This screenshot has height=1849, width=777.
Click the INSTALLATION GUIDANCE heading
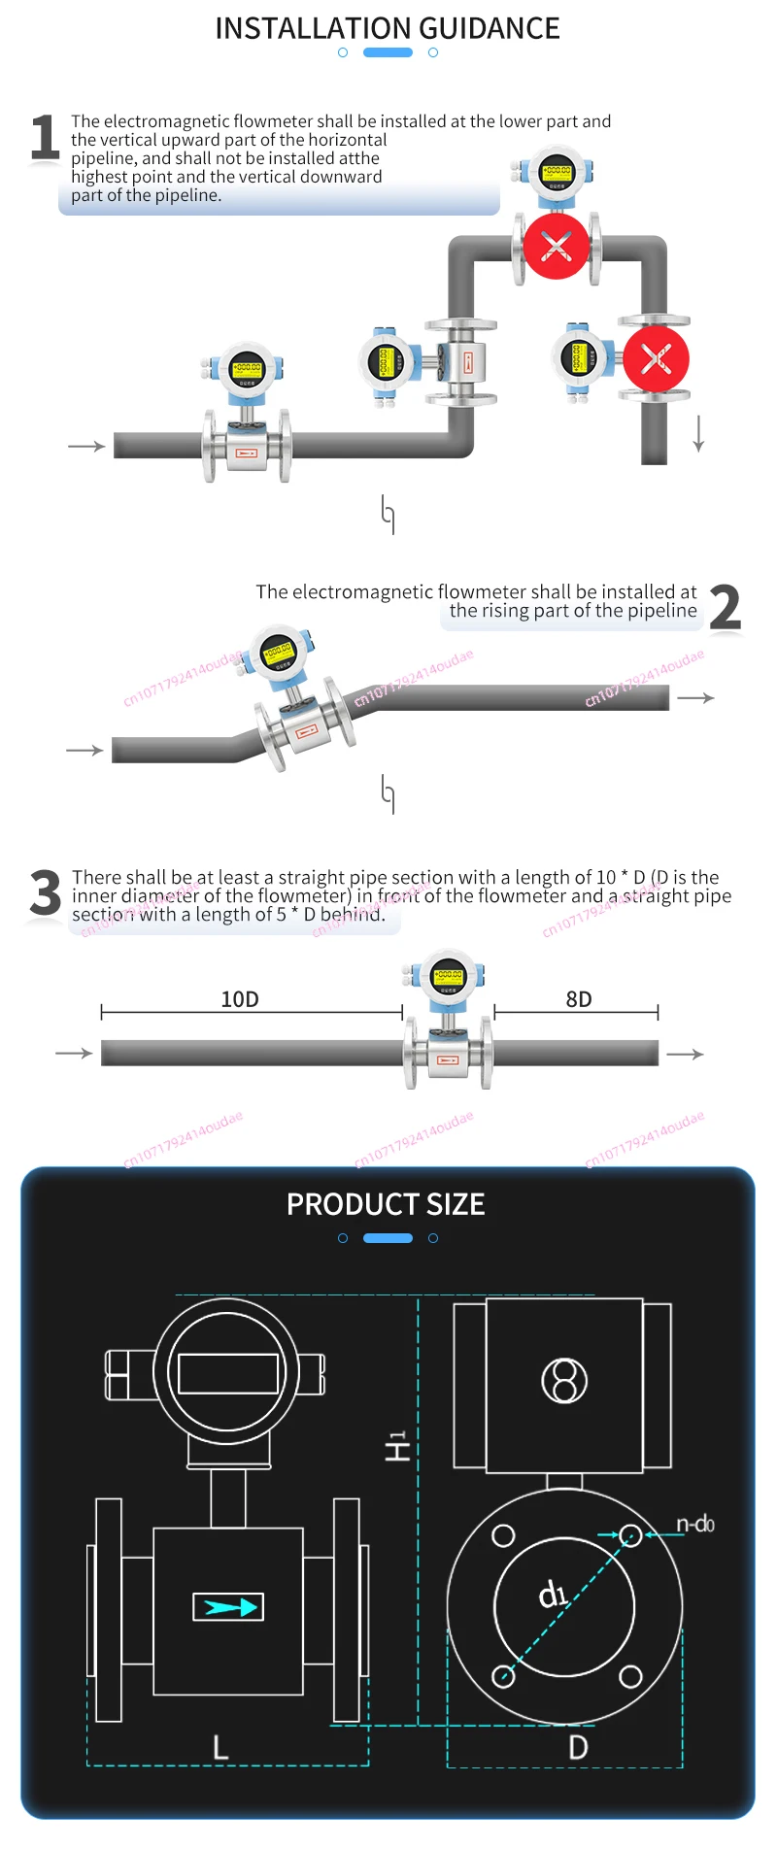point(388,28)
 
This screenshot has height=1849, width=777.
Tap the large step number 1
point(44,137)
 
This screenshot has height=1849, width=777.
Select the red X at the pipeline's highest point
point(556,246)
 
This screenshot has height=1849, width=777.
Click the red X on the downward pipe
point(656,359)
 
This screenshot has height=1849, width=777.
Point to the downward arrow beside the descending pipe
point(698,433)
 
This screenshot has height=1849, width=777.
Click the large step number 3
point(45,892)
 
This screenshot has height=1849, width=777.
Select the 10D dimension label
point(240,999)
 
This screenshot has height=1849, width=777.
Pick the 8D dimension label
point(579,999)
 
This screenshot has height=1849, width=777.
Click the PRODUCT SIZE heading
point(386,1204)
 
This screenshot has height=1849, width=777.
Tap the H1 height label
point(396,1445)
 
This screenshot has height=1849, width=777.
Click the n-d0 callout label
point(695,1524)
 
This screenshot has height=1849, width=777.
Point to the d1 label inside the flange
point(553,1594)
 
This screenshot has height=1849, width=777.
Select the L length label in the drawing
point(221,1748)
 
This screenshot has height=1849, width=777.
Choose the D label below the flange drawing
point(578,1747)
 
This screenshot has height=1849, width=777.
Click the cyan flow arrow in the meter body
point(228,1607)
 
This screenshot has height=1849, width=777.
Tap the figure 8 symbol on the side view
point(564,1380)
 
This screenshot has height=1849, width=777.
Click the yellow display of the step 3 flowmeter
point(448,975)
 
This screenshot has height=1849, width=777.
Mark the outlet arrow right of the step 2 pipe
point(695,697)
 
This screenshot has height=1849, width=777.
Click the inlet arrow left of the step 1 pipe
point(86,446)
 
